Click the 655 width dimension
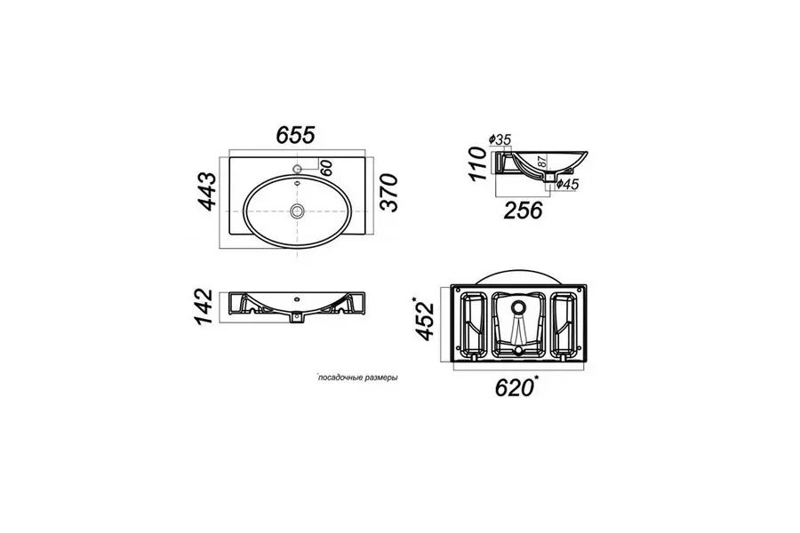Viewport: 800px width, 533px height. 295,135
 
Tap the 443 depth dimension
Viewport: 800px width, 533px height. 207,192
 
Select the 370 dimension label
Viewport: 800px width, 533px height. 388,192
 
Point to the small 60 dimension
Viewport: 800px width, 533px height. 326,168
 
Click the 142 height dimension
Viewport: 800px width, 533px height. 203,306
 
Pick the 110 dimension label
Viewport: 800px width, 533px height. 477,163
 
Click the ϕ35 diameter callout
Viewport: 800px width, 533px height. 500,139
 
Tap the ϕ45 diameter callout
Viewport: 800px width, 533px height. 567,184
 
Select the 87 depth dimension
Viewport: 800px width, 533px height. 542,162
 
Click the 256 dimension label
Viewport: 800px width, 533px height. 523,211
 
